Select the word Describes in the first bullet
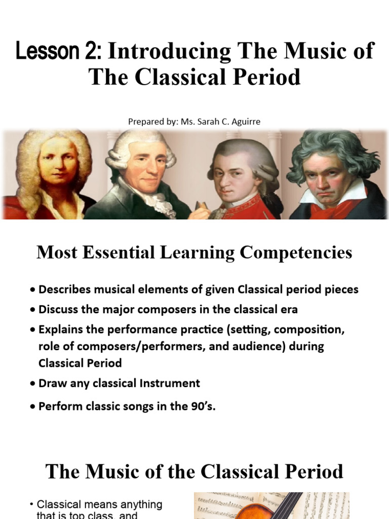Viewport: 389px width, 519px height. click(x=65, y=289)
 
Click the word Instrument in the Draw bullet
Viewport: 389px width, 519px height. click(x=170, y=383)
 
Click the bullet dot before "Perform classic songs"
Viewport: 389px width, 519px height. click(x=33, y=407)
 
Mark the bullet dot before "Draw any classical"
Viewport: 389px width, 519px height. click(x=33, y=384)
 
